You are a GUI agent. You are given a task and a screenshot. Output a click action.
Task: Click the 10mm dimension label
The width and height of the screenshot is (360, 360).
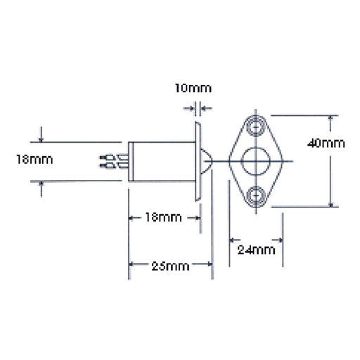tap(193, 89)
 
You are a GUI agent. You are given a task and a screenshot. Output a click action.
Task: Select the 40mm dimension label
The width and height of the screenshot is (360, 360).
tap(326, 143)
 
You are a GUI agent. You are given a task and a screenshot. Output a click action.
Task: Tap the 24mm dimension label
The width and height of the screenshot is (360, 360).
tap(256, 250)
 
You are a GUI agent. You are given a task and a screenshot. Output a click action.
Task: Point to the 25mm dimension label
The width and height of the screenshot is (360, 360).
tap(170, 266)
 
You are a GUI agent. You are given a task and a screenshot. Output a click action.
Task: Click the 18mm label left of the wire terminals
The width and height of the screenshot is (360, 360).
tap(34, 160)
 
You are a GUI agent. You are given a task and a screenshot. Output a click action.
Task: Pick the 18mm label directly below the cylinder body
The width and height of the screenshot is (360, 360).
tap(163, 217)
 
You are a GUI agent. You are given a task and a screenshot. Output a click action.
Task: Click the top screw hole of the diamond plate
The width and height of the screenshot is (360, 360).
tap(256, 127)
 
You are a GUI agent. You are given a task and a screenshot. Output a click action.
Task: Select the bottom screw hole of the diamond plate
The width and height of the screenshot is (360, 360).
tap(256, 195)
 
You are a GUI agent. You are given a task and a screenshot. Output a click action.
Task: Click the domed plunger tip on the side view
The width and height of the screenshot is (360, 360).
tap(206, 161)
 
